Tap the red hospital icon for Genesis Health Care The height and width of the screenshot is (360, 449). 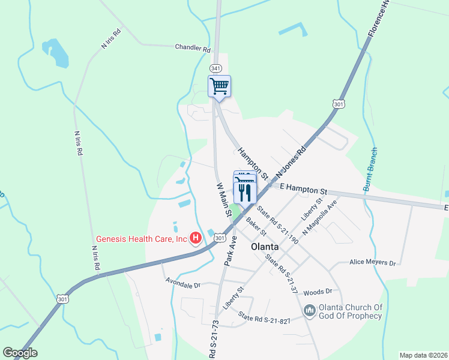pyautogui.click(x=195, y=239)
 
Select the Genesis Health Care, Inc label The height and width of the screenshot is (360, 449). pyautogui.click(x=140, y=239)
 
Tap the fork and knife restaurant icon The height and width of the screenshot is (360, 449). pyautogui.click(x=245, y=192)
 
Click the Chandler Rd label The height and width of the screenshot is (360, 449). pyautogui.click(x=193, y=48)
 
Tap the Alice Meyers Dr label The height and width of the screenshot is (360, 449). pyautogui.click(x=373, y=263)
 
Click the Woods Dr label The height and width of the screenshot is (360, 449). pyautogui.click(x=318, y=292)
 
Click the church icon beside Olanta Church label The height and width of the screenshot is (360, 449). pyautogui.click(x=309, y=310)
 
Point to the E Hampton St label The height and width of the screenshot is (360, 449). pyautogui.click(x=303, y=189)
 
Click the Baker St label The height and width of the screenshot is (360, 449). pyautogui.click(x=256, y=227)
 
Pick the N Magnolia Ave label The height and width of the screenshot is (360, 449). pyautogui.click(x=321, y=216)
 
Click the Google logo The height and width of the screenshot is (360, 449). pyautogui.click(x=20, y=353)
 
